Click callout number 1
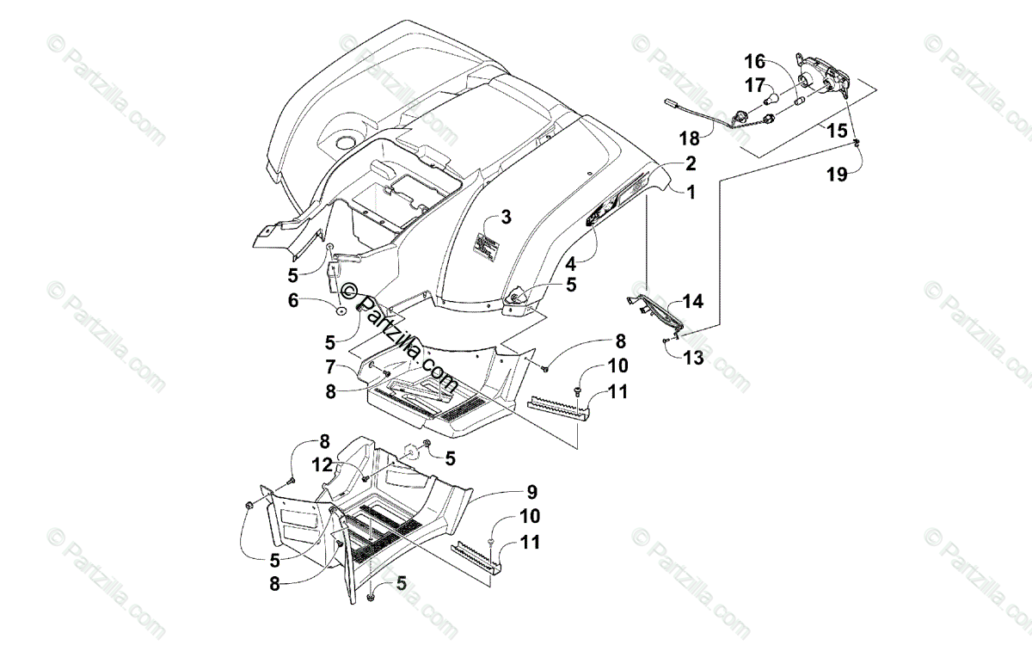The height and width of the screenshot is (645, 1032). (691, 193)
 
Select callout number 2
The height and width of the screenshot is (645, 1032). (691, 163)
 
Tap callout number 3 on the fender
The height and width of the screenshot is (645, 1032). (506, 217)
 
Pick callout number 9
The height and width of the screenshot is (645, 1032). (532, 492)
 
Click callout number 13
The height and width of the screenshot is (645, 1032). (693, 357)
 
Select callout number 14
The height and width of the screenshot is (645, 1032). (693, 301)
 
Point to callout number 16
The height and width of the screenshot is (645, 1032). (753, 62)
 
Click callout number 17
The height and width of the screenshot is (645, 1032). (753, 85)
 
